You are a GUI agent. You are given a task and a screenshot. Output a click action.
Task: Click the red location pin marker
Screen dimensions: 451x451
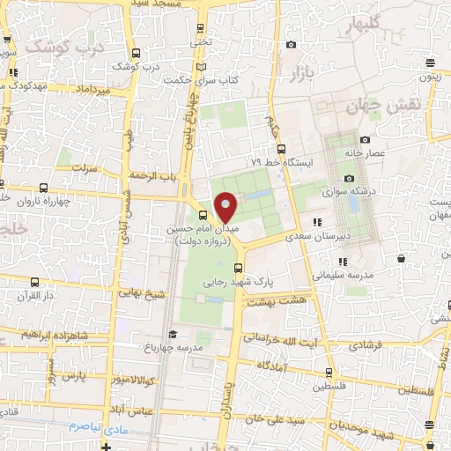tap(226, 207)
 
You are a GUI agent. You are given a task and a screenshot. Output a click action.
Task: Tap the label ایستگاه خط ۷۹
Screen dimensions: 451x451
tap(280, 163)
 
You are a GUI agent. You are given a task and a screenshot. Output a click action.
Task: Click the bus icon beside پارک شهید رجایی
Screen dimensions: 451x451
tap(237, 268)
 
